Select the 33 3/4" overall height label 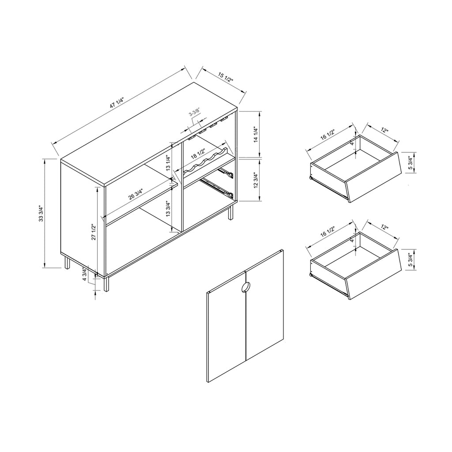coord(41,213)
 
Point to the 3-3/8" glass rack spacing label coord(194,113)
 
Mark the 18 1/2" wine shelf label coord(197,155)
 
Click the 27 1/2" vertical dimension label coord(93,232)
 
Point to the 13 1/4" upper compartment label coord(169,163)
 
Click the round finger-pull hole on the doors coord(245,287)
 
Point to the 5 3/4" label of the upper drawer coord(410,163)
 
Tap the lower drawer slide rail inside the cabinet coord(216,188)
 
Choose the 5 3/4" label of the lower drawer coord(410,260)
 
